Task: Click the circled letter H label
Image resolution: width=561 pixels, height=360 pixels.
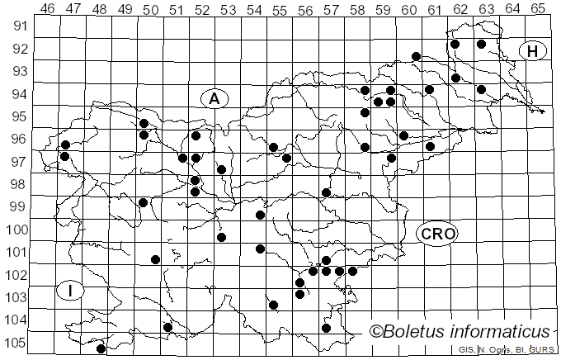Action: click(533, 51)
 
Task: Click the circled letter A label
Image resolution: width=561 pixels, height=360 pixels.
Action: click(214, 98)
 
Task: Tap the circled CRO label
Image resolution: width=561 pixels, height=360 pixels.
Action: click(437, 234)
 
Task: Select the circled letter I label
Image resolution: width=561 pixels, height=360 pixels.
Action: click(71, 291)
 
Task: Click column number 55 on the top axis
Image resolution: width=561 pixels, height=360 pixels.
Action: click(279, 8)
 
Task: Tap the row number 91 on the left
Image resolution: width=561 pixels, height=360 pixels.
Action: click(18, 26)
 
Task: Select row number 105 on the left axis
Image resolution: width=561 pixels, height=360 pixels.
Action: click(15, 343)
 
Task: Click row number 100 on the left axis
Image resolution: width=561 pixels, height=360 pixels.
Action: click(15, 230)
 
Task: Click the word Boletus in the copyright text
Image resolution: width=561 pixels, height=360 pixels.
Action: click(412, 331)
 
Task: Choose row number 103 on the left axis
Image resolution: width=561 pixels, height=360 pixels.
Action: click(15, 297)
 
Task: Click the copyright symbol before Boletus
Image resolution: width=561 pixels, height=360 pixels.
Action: click(376, 332)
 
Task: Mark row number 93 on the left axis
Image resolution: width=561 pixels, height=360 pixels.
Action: click(18, 71)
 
